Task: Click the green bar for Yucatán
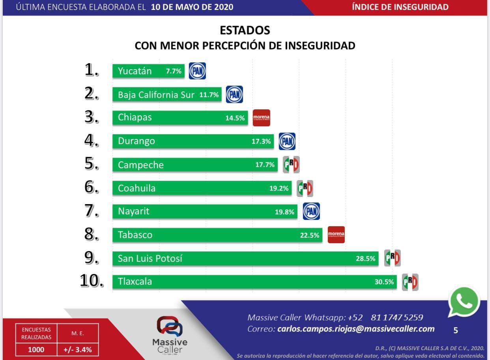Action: coord(148,71)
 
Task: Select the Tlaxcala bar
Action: coord(254,282)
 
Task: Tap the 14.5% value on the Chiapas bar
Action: coord(235,118)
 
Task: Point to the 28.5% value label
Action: coord(365,259)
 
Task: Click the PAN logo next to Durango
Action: coord(287,141)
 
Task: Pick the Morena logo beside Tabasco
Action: coord(336,234)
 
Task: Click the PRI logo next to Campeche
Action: coord(291,165)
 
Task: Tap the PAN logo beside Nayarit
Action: coord(311,211)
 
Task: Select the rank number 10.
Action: coord(92,281)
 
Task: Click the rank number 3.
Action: coord(92,117)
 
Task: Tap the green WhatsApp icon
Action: coord(464,302)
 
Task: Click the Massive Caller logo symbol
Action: coord(170,326)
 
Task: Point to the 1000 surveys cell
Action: coord(36,350)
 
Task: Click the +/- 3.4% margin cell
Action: coord(77,350)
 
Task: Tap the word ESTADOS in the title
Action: coord(245,30)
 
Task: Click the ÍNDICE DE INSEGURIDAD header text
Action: coord(400,7)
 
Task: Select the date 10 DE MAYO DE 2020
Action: coord(192,7)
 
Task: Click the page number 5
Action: coord(456,330)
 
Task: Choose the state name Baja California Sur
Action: coord(156,95)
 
